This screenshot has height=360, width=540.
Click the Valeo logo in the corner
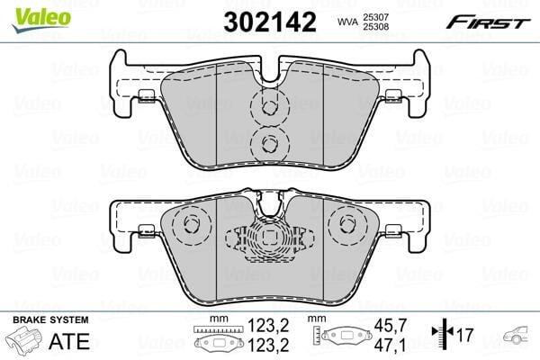point(41,19)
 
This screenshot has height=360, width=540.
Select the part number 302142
point(270,22)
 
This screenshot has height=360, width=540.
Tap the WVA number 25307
point(375,17)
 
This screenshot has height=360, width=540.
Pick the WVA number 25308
point(375,27)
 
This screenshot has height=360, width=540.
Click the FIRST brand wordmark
point(488,23)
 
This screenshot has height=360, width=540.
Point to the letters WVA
point(346,22)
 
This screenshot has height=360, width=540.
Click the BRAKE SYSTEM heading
point(50,319)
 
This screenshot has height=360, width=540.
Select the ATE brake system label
point(69,341)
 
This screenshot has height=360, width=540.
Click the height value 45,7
point(391,325)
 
